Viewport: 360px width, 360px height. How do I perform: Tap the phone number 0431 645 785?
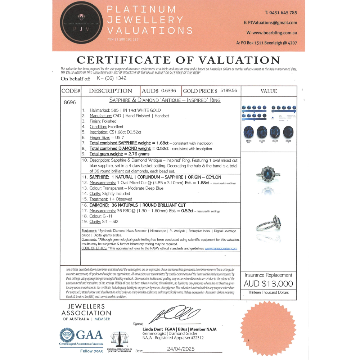click(281, 12)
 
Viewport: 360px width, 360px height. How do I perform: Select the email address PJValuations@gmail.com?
click(270, 22)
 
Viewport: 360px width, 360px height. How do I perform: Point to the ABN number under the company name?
click(123, 39)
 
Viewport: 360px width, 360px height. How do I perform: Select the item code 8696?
click(70, 102)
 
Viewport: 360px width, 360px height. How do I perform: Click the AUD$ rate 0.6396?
click(169, 91)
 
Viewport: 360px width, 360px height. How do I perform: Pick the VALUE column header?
click(269, 91)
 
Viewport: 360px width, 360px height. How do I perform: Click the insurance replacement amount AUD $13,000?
click(269, 284)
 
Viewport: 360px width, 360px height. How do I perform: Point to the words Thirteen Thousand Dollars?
click(269, 292)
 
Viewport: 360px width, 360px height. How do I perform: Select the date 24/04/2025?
click(181, 349)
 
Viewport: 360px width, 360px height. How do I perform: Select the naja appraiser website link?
click(221, 248)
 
